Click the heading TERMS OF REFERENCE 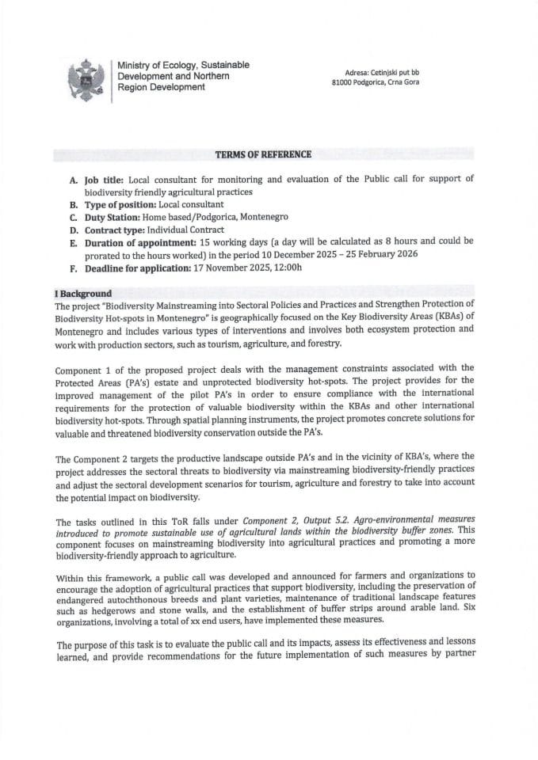click(x=265, y=154)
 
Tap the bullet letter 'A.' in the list click(x=74, y=180)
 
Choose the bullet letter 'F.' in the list click(x=74, y=267)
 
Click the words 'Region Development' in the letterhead click(x=161, y=87)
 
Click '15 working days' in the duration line click(x=233, y=242)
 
